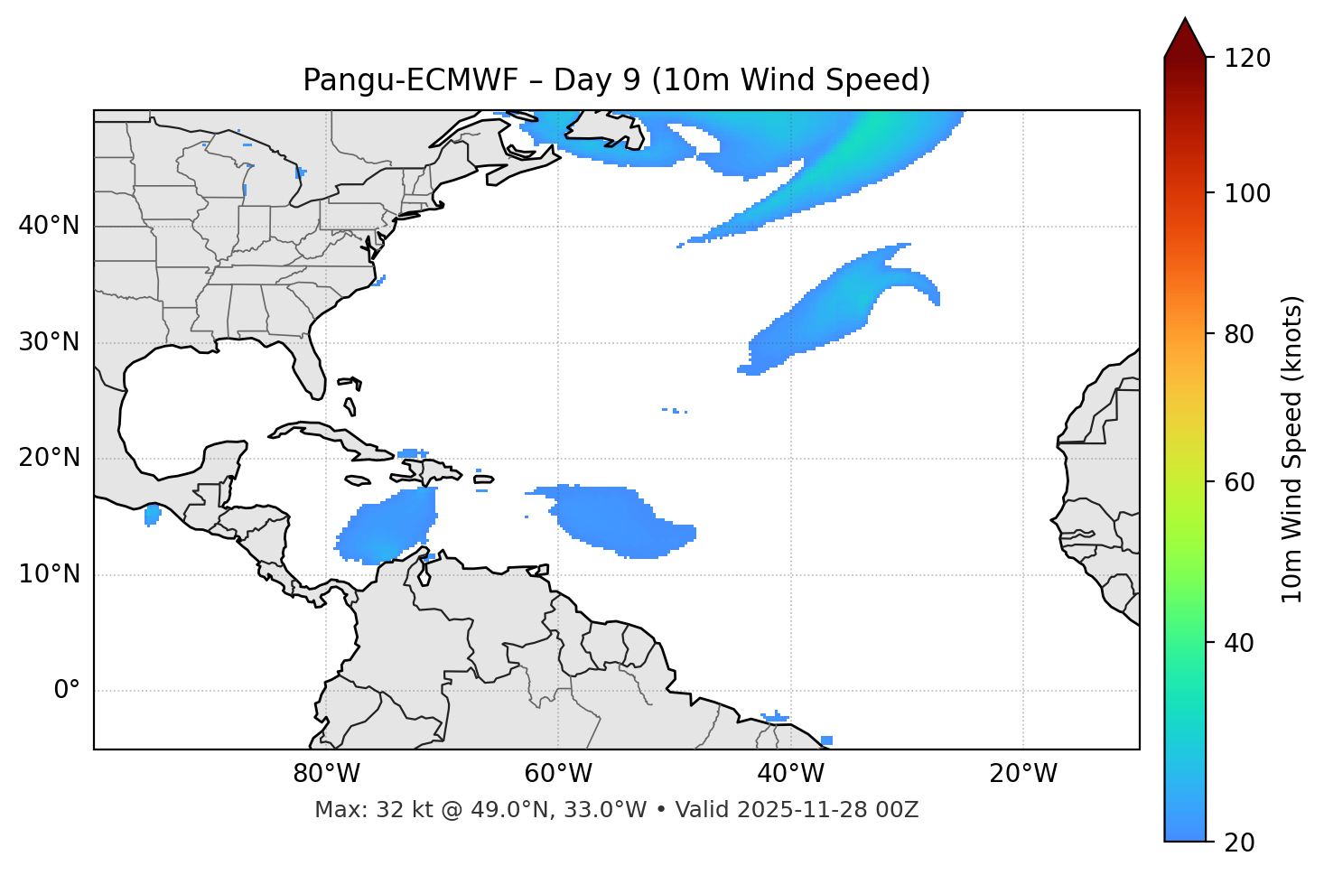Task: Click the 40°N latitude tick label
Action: click(x=49, y=226)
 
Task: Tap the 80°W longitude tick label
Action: click(x=326, y=774)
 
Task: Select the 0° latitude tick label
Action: click(x=67, y=691)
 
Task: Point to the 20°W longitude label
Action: click(x=1023, y=774)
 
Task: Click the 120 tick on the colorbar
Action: click(x=1247, y=59)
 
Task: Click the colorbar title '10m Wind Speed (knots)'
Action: click(x=1292, y=450)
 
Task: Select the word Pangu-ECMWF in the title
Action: click(x=410, y=80)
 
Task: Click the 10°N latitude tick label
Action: click(x=49, y=574)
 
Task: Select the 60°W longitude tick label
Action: click(x=558, y=774)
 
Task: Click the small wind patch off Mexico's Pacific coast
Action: click(x=152, y=516)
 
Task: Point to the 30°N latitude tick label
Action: click(x=49, y=342)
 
